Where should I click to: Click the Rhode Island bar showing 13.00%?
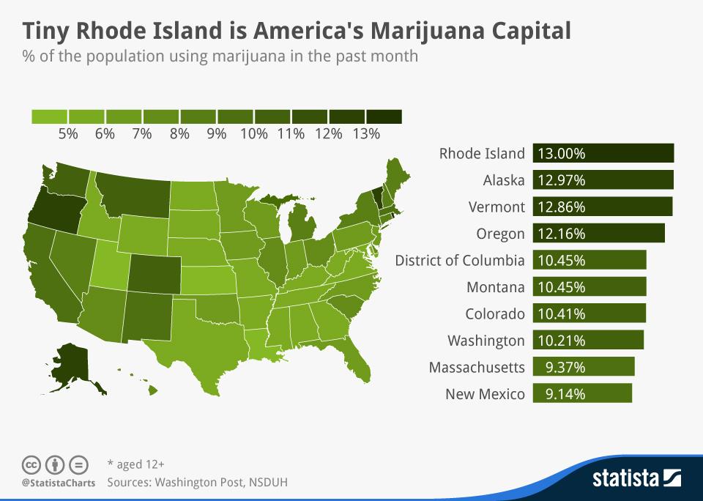click(603, 153)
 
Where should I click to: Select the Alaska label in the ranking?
click(504, 180)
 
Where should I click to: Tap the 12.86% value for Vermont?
click(561, 207)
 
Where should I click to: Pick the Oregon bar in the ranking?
click(598, 234)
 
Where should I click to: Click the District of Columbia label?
click(460, 260)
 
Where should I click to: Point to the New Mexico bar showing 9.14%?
click(582, 393)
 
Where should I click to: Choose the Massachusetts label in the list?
click(477, 367)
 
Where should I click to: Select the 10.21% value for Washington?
click(561, 341)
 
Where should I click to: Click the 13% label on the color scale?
click(366, 133)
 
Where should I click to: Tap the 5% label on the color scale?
click(68, 133)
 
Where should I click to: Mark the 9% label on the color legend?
click(217, 133)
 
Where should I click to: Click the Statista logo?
click(636, 479)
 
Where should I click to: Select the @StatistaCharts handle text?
click(59, 483)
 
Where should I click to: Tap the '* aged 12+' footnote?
click(135, 464)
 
